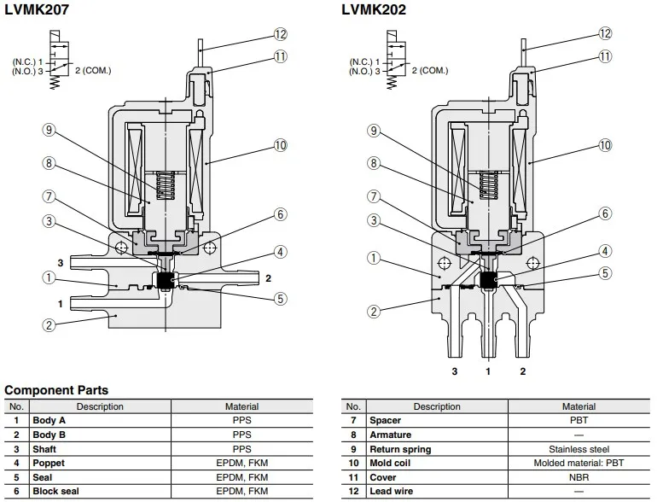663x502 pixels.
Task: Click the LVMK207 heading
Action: click(37, 9)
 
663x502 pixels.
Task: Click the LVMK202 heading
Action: click(374, 9)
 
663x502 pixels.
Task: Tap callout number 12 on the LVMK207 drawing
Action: click(281, 34)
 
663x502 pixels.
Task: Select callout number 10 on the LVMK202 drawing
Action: click(605, 145)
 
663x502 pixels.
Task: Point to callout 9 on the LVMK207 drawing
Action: click(49, 130)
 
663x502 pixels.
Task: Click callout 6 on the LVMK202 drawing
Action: click(605, 213)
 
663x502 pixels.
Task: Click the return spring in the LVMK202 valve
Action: click(488, 185)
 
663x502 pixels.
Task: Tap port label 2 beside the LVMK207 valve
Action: click(268, 278)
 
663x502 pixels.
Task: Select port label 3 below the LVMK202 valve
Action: click(455, 371)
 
